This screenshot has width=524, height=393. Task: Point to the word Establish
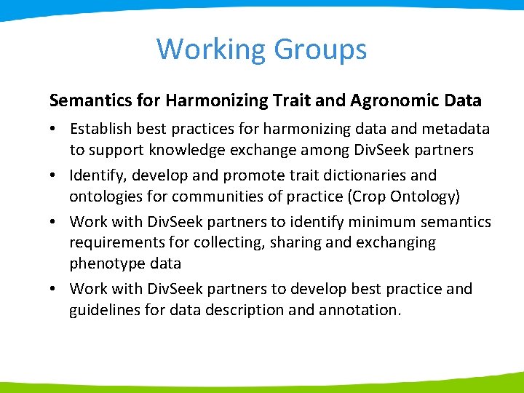click(101, 129)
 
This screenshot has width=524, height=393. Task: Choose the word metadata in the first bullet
click(457, 129)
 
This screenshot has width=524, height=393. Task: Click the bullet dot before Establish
click(55, 130)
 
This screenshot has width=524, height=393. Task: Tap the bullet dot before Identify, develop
click(55, 176)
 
